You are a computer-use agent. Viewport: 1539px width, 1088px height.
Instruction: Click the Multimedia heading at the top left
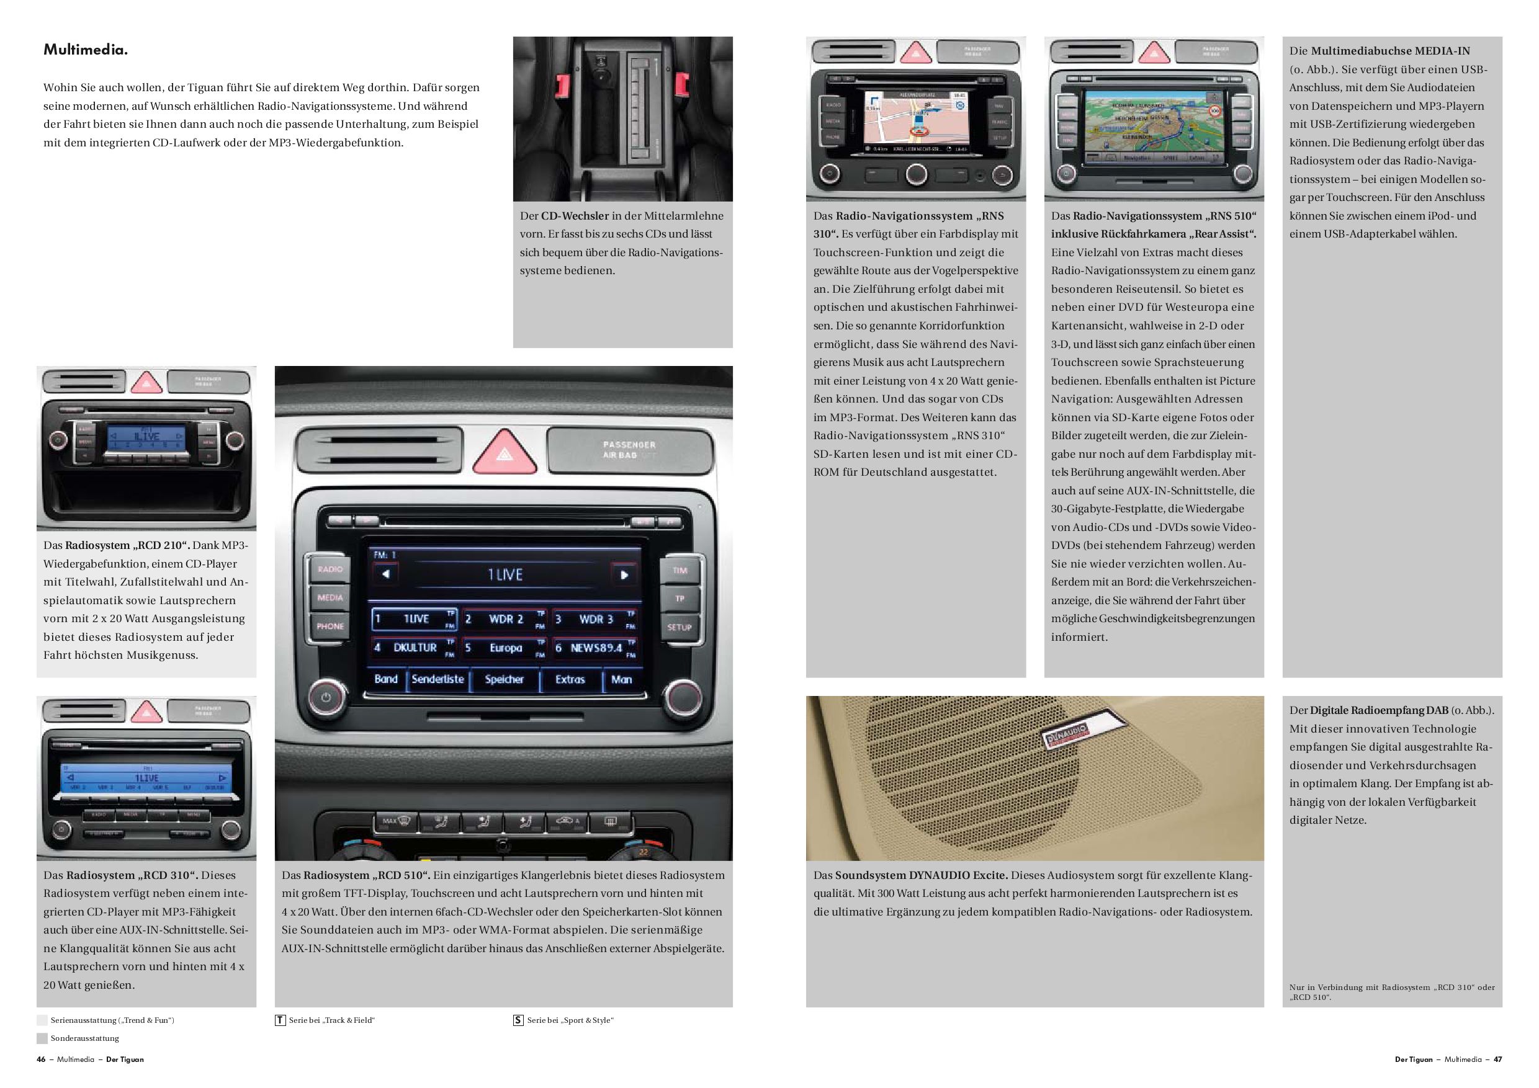85,50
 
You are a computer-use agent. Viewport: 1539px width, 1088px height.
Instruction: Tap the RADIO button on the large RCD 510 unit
330,569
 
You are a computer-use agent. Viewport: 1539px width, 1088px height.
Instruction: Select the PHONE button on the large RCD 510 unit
330,626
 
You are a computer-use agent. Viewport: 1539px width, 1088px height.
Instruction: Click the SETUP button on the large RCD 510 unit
679,628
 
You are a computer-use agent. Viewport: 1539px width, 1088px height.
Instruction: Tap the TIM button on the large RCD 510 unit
680,571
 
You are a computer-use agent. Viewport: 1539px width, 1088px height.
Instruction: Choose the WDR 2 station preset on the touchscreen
505,620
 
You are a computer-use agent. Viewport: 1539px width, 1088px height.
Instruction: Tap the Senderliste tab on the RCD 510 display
437,679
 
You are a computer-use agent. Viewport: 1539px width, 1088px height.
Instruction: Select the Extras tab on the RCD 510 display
570,679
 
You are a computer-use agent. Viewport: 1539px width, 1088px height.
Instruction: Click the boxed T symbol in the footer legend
280,1020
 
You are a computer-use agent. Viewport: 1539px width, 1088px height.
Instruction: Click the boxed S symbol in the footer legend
518,1020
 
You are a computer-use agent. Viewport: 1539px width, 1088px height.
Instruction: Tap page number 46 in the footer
41,1059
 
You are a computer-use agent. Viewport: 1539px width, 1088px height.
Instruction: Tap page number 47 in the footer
1498,1059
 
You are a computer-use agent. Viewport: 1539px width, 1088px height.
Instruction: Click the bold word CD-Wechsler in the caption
575,216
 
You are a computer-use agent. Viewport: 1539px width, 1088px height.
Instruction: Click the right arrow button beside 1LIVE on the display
624,575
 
